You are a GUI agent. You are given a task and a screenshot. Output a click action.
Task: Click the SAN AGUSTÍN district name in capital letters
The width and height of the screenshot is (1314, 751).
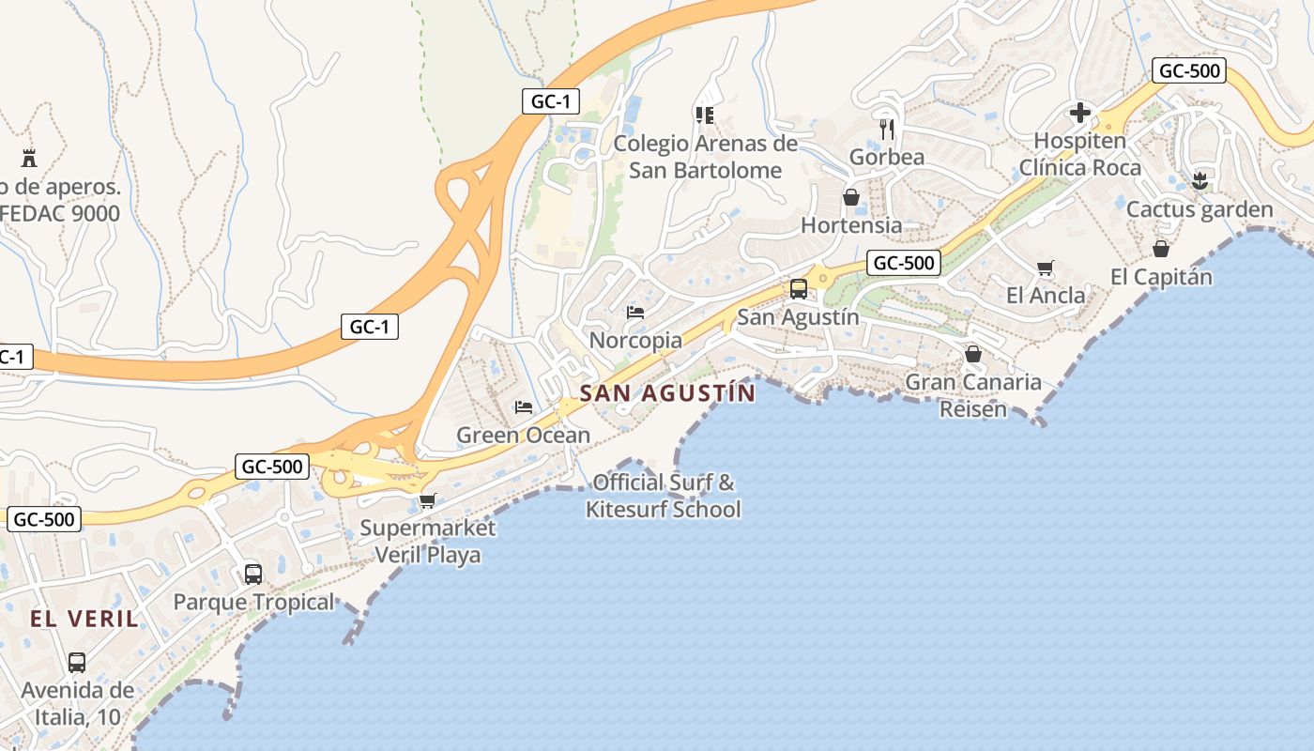[x=667, y=393]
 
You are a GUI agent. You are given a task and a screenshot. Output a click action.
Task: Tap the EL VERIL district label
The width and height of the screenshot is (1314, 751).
[x=84, y=619]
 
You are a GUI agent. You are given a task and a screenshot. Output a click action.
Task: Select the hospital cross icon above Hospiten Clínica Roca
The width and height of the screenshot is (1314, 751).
[x=1079, y=114]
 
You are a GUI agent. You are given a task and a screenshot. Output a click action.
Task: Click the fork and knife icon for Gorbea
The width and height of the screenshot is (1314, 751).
[x=887, y=129]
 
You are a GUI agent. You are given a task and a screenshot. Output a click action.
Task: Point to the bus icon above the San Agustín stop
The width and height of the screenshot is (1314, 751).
[x=799, y=289]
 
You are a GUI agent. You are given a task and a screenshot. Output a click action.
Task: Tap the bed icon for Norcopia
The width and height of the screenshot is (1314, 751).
[x=635, y=312]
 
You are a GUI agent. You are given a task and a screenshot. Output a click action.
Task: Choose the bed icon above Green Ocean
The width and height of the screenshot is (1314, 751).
[x=524, y=407]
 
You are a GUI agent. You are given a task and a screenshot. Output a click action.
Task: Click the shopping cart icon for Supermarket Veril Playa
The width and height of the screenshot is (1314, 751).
[x=428, y=500]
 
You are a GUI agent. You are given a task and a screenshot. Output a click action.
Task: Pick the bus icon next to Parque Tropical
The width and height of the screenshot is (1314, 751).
[x=253, y=574]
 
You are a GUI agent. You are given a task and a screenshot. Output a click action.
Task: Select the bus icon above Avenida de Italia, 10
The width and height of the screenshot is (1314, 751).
[x=77, y=663]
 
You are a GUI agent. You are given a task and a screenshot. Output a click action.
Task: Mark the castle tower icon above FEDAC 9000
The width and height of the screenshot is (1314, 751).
[x=29, y=157]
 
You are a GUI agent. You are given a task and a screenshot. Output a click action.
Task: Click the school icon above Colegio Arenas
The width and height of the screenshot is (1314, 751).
[x=705, y=115]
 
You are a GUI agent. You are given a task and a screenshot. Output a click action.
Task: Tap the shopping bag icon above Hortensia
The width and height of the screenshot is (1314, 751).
[x=851, y=197]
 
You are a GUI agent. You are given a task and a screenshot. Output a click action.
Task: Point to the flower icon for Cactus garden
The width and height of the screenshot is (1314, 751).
[x=1199, y=180]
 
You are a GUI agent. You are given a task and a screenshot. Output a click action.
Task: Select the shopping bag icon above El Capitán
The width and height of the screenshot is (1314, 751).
[x=1161, y=249]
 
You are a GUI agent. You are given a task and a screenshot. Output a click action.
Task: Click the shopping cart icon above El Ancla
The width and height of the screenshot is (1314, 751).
[x=1046, y=268]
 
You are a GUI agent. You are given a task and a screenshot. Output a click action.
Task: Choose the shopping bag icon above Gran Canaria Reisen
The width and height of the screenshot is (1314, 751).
[x=973, y=354]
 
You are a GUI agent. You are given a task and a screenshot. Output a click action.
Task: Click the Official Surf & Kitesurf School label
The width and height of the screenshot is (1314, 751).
[x=664, y=497]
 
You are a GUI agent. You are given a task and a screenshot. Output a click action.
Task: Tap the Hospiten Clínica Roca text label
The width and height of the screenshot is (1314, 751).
[x=1079, y=155]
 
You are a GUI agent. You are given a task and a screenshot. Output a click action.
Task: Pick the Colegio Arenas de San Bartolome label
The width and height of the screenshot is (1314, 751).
[x=705, y=157]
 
